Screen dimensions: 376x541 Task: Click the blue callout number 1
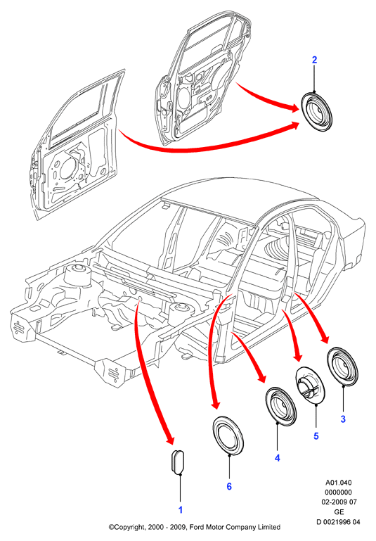click(x=180, y=509)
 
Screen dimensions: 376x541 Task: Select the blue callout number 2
click(x=314, y=60)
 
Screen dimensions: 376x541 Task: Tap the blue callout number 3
click(x=343, y=419)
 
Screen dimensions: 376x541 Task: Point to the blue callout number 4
click(x=278, y=458)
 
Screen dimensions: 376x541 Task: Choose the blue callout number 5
click(x=316, y=436)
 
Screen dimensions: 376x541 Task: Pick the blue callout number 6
click(x=229, y=487)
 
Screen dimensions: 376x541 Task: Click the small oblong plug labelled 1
click(x=179, y=462)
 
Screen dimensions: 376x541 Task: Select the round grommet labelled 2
click(x=316, y=111)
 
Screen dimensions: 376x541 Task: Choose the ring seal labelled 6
click(x=228, y=435)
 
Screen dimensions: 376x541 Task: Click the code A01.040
click(x=339, y=483)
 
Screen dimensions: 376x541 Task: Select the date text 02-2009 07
click(x=339, y=502)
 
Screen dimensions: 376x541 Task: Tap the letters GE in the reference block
click(x=339, y=511)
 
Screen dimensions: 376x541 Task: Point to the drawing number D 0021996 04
click(x=338, y=522)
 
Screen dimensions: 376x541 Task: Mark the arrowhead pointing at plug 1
click(x=170, y=439)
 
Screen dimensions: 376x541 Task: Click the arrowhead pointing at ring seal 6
click(x=216, y=403)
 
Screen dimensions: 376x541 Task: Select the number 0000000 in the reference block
click(x=339, y=492)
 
